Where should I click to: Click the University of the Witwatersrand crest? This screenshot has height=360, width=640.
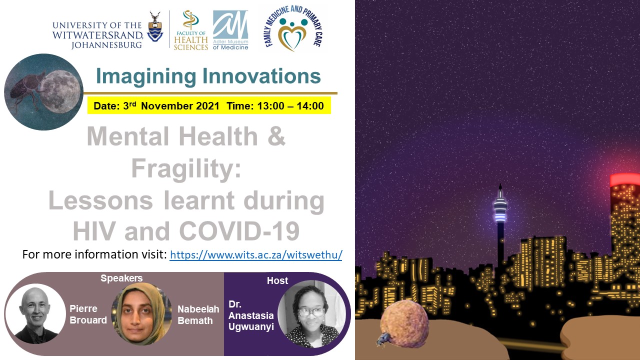click(155, 26)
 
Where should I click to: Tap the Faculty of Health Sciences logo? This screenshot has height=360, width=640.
click(190, 30)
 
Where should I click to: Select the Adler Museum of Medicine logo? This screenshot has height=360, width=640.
click(230, 30)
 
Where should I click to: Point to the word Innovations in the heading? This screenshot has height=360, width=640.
click(261, 76)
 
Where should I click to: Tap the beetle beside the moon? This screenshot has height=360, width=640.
click(26, 88)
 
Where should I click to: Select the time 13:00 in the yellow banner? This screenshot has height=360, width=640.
click(270, 106)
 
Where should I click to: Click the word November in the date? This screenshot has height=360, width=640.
click(180, 106)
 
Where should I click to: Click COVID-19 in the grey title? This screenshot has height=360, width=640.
click(239, 231)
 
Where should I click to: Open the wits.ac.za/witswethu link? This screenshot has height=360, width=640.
click(256, 254)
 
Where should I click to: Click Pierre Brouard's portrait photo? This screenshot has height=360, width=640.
click(35, 313)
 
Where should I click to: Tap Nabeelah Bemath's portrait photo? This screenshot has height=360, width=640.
click(141, 313)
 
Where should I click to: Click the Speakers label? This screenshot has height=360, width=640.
click(121, 278)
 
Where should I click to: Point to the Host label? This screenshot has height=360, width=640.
click(277, 280)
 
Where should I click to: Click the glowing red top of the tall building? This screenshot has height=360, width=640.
click(625, 180)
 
